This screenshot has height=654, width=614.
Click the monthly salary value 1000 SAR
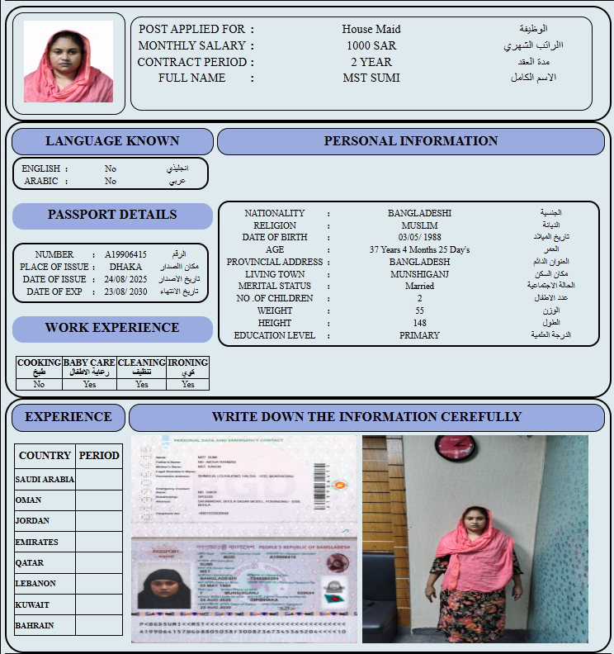(x=371, y=45)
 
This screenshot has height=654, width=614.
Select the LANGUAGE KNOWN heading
(x=112, y=141)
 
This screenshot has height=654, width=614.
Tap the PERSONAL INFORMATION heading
(x=410, y=141)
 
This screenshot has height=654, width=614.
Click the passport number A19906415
(x=125, y=254)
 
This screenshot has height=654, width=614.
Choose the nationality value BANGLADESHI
(x=419, y=213)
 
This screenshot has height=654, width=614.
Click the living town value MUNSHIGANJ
(x=419, y=274)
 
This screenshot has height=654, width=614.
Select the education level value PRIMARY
(x=419, y=335)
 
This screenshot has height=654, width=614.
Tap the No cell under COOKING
(x=39, y=384)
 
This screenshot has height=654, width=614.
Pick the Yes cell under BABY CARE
(x=89, y=384)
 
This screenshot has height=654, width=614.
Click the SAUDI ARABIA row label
(x=45, y=479)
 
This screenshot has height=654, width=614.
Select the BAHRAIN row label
(x=35, y=625)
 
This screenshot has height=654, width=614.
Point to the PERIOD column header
(x=99, y=455)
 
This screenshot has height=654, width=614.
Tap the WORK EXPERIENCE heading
(x=112, y=328)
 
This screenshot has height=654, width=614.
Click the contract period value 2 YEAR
(x=371, y=62)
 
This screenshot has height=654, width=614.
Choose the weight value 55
(x=419, y=310)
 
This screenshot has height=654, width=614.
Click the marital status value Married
(x=419, y=287)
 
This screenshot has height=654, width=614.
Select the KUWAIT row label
(x=34, y=604)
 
